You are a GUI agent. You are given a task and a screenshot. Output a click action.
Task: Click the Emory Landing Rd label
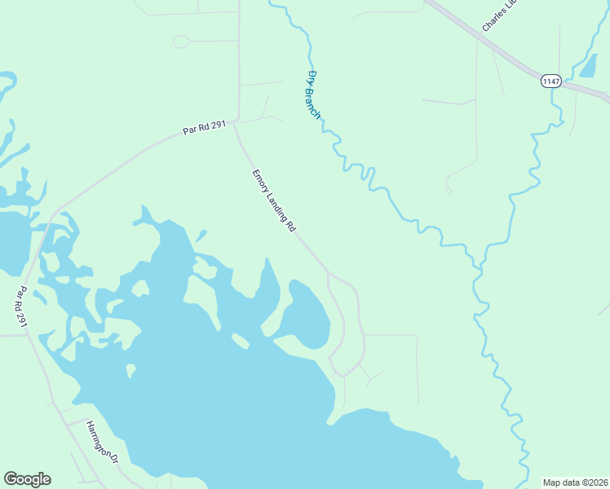coord(273,201)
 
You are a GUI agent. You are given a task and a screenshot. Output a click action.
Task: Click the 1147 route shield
coord(551,81)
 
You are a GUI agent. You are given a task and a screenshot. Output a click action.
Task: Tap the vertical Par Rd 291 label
coord(24,307)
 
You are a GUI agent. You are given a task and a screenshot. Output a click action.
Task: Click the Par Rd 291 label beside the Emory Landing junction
coord(204,129)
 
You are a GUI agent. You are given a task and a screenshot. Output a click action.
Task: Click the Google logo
coord(27,479)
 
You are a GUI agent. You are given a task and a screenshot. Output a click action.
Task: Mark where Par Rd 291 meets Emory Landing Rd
coord(236,122)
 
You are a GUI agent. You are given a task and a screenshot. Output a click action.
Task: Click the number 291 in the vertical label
coord(24,320)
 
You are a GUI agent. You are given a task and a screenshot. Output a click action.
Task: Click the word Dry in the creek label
coord(311,78)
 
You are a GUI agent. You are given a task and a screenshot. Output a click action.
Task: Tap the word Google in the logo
coord(27,479)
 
